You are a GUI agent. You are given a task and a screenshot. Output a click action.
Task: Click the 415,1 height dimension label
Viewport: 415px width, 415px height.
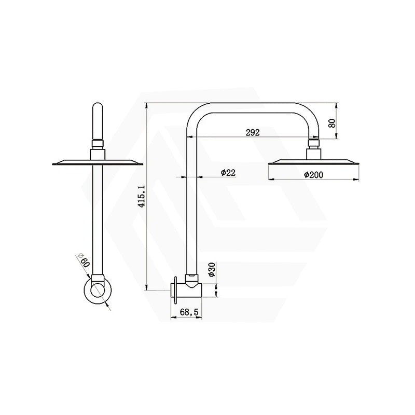point(142,196)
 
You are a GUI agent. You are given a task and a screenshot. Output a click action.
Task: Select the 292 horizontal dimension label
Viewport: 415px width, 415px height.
point(253,132)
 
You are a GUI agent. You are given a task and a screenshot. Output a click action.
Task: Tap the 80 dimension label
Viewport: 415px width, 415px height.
point(331,123)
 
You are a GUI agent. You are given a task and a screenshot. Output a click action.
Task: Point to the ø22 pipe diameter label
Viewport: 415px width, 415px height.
point(228,173)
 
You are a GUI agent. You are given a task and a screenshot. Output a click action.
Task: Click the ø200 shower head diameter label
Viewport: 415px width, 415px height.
point(313,175)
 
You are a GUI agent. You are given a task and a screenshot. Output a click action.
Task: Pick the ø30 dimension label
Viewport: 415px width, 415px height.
point(212,270)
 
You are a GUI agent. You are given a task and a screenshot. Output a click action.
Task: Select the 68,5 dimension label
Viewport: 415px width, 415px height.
point(189,312)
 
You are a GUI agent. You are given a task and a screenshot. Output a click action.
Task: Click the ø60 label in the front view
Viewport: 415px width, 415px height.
point(84,260)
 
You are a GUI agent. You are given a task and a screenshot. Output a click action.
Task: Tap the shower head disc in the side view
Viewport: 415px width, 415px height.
point(314,162)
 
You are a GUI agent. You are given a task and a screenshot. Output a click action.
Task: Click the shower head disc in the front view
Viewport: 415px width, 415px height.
point(98,162)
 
